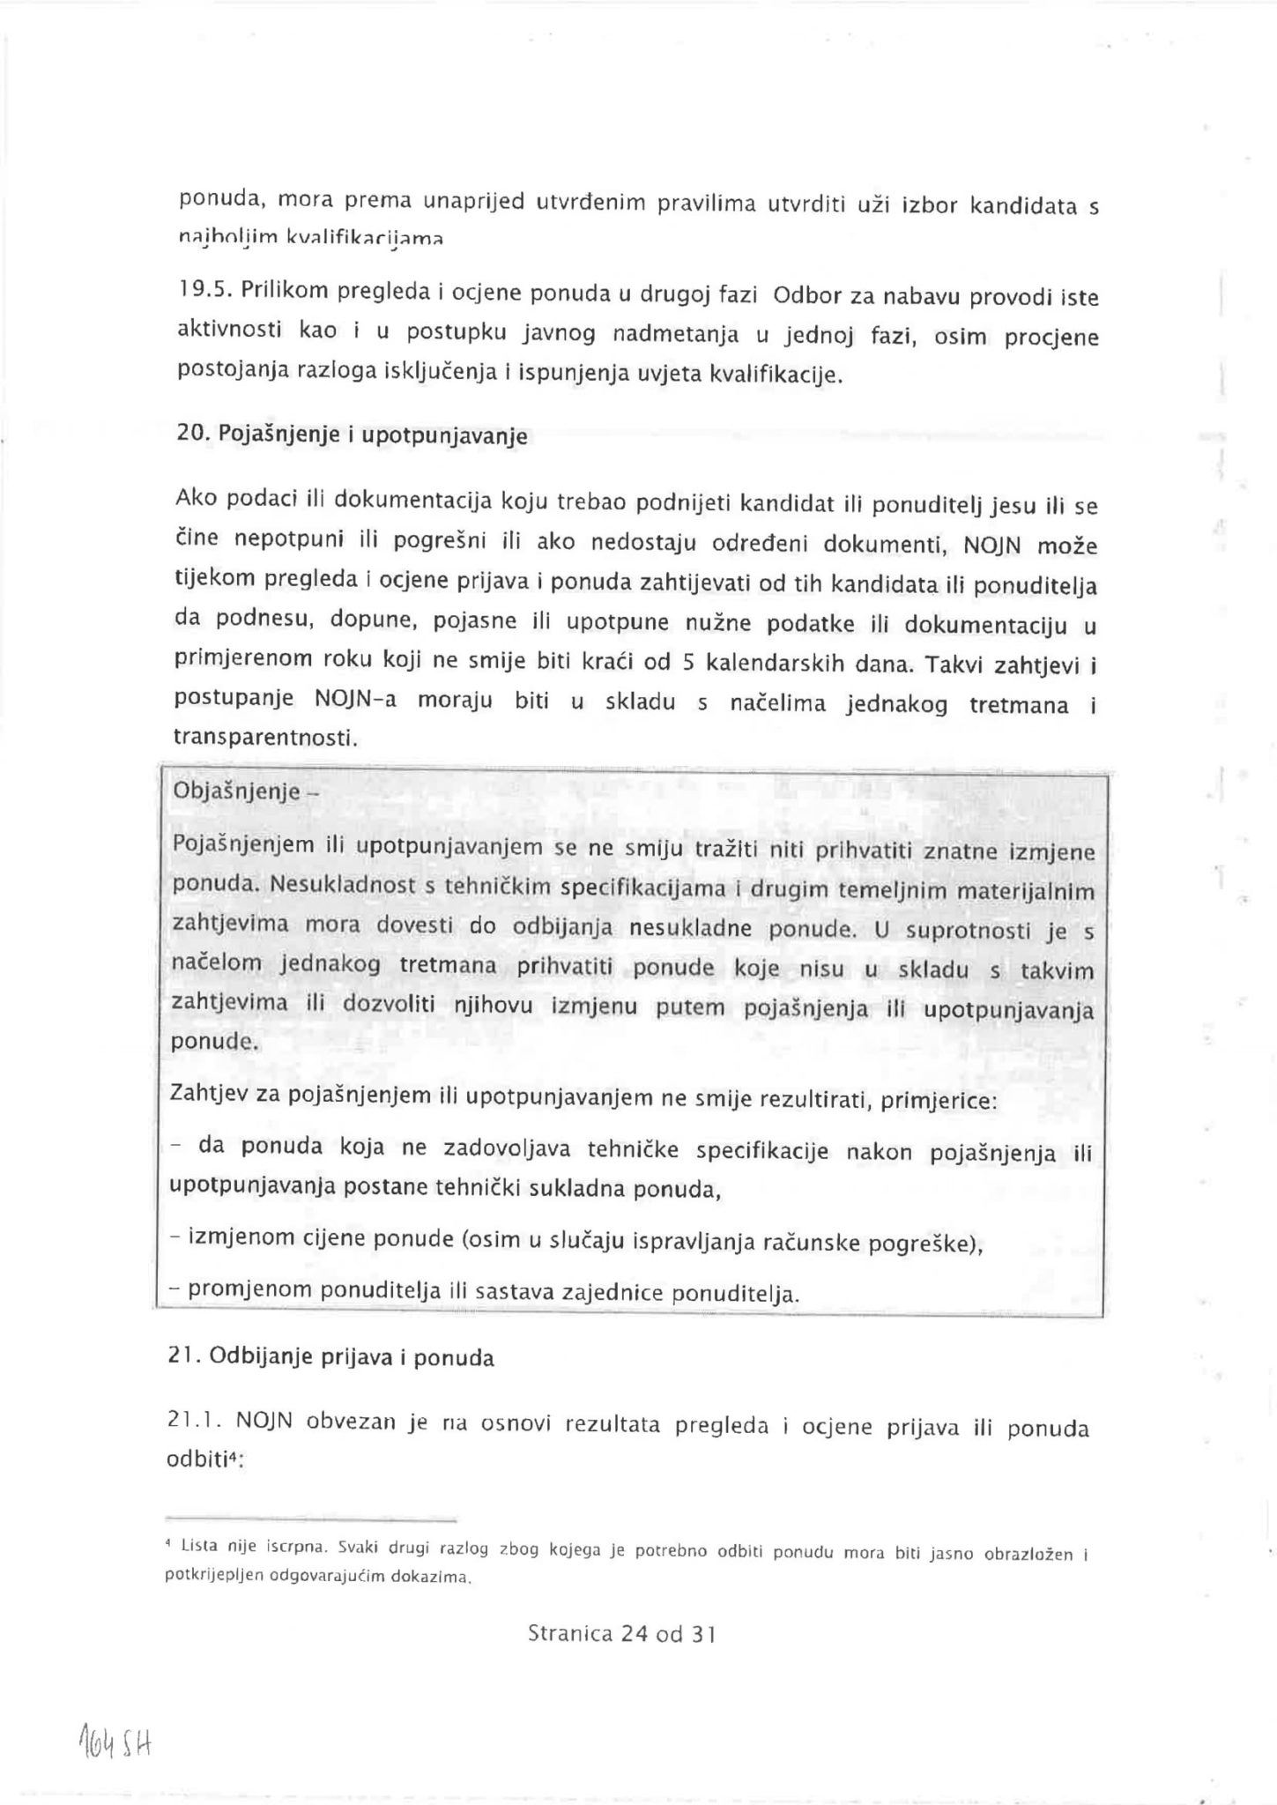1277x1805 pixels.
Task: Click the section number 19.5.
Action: [x=198, y=288]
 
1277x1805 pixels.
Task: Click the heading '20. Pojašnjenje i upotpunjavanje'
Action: [x=352, y=434]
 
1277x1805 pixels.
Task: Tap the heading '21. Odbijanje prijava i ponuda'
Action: [x=330, y=1357]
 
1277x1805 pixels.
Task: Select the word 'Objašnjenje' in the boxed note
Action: [x=237, y=790]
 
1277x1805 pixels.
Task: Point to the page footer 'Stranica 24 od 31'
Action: [x=621, y=1634]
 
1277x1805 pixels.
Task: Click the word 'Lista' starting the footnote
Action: [x=198, y=1546]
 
